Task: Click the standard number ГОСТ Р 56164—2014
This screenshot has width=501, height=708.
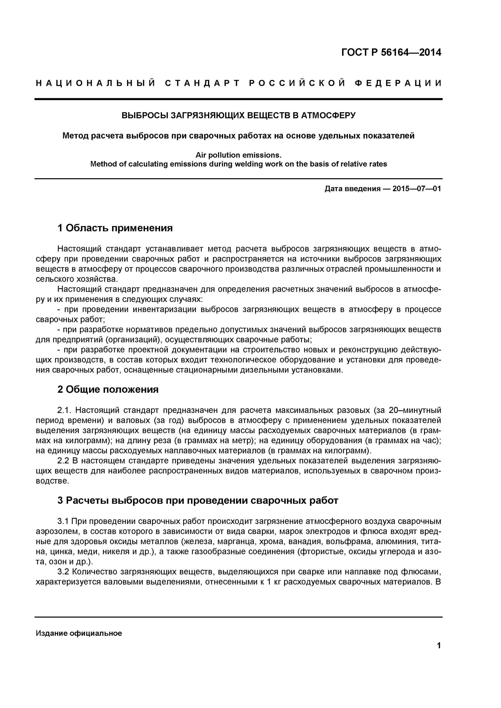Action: click(x=391, y=53)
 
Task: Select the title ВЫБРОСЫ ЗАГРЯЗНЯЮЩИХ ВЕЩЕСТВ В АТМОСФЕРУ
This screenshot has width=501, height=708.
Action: click(x=238, y=115)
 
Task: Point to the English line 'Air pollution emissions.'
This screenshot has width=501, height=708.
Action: click(x=238, y=155)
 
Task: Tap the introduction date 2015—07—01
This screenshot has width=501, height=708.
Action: click(x=416, y=189)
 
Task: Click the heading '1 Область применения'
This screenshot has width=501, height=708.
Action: click(x=115, y=228)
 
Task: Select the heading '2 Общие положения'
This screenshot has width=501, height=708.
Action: click(x=108, y=389)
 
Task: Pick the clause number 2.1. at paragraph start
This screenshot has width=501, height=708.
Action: click(x=64, y=410)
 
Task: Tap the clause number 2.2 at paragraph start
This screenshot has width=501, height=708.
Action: click(x=63, y=461)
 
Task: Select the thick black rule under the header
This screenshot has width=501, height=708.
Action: click(x=238, y=99)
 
